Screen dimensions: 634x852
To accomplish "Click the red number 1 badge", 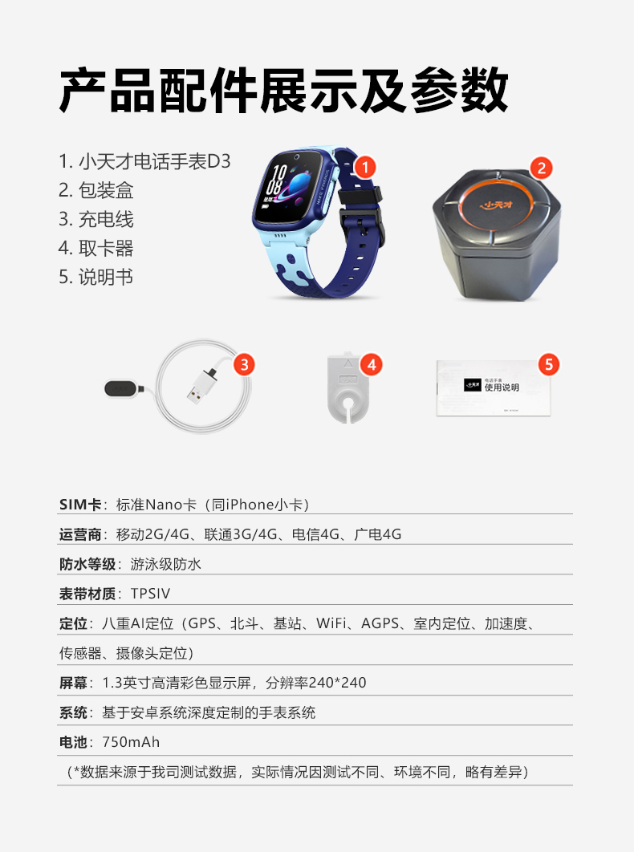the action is tap(365, 167).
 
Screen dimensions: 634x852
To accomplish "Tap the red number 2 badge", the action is tap(541, 168).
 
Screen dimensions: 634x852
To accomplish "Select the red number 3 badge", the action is tap(244, 364).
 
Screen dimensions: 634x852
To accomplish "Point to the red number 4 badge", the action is tap(372, 364).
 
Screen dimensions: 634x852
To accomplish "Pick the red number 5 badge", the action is tap(549, 364).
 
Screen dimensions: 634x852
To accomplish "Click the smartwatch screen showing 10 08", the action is tap(291, 188).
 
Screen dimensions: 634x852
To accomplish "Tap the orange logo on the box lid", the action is tap(498, 205).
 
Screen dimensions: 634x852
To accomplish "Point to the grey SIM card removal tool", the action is tap(348, 387).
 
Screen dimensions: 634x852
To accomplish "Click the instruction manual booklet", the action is tap(494, 387).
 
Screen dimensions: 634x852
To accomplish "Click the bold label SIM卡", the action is tap(80, 505).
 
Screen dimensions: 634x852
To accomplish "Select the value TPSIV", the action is tap(151, 594).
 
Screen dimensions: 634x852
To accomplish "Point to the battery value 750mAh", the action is tap(131, 742).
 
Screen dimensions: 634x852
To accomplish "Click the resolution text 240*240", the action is tap(337, 683).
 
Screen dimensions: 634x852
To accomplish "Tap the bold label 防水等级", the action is tap(87, 565).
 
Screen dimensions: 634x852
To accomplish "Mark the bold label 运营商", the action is tap(80, 534).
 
